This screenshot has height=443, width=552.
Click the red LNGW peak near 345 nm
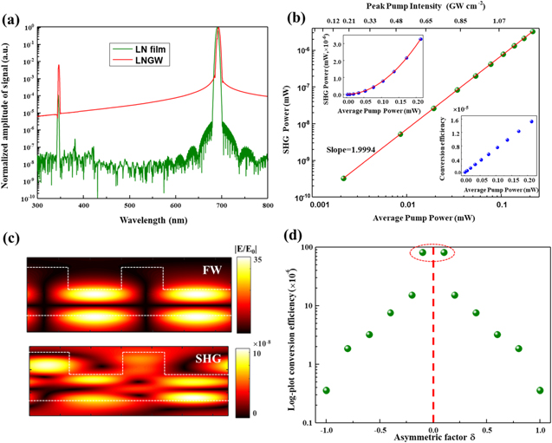click(58, 66)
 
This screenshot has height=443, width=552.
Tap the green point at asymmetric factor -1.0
click(327, 390)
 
